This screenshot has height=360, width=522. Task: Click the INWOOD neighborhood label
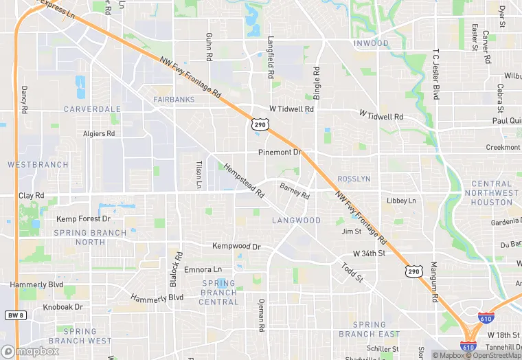pyautogui.click(x=371, y=43)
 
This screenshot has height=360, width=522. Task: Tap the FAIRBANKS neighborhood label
pyautogui.click(x=174, y=100)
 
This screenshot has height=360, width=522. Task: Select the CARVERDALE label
pyautogui.click(x=92, y=109)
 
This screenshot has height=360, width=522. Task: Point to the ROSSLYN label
pyautogui.click(x=354, y=179)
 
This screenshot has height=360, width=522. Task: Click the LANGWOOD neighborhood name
pyautogui.click(x=296, y=221)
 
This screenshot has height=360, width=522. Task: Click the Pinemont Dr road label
pyautogui.click(x=280, y=152)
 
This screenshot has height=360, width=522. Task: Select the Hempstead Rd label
pyautogui.click(x=244, y=181)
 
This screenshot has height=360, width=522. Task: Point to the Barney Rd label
pyautogui.click(x=295, y=190)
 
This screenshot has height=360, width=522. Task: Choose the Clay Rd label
pyautogui.click(x=31, y=196)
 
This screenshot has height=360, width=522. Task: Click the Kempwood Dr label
pyautogui.click(x=236, y=246)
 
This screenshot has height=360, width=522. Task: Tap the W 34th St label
pyautogui.click(x=363, y=253)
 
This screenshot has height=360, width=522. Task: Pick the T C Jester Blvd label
pyautogui.click(x=435, y=74)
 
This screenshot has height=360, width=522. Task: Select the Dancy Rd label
pyautogui.click(x=24, y=100)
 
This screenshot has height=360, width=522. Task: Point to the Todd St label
pyautogui.click(x=349, y=273)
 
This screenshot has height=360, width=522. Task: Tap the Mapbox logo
pyautogui.click(x=30, y=351)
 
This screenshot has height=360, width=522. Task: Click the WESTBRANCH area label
pyautogui.click(x=38, y=165)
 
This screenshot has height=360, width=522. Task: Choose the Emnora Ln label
pyautogui.click(x=203, y=269)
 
